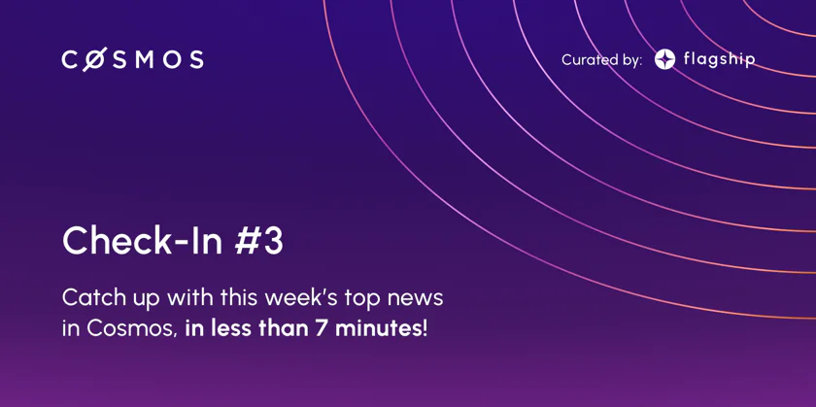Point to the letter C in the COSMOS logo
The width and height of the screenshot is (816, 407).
click(x=70, y=60)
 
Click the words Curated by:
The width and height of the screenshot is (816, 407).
click(x=601, y=60)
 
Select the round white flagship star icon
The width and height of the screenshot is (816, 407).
click(x=664, y=59)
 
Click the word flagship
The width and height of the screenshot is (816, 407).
click(x=719, y=60)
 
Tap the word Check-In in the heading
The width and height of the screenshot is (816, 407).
click(x=144, y=240)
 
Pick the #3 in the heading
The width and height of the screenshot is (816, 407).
click(x=258, y=241)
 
